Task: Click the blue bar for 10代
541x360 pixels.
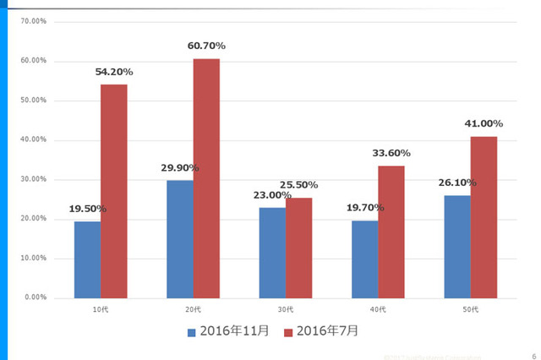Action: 87,259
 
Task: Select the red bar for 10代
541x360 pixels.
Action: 113,191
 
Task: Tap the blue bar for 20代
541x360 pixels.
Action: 180,238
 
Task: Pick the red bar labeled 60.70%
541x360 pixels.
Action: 206,178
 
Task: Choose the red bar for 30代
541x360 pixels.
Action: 298,248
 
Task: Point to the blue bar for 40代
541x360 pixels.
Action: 364,259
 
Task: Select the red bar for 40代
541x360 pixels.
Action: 391,232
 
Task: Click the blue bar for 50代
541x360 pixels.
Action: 457,246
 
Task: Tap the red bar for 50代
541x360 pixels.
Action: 484,216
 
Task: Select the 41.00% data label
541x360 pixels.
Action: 484,123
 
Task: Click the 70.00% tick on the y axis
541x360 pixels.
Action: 33,21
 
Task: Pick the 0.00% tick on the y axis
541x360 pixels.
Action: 35,297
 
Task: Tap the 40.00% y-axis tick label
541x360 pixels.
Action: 33,139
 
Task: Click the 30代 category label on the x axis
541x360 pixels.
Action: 285,309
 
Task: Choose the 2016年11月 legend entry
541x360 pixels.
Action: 228,331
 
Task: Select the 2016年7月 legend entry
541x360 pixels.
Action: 321,331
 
